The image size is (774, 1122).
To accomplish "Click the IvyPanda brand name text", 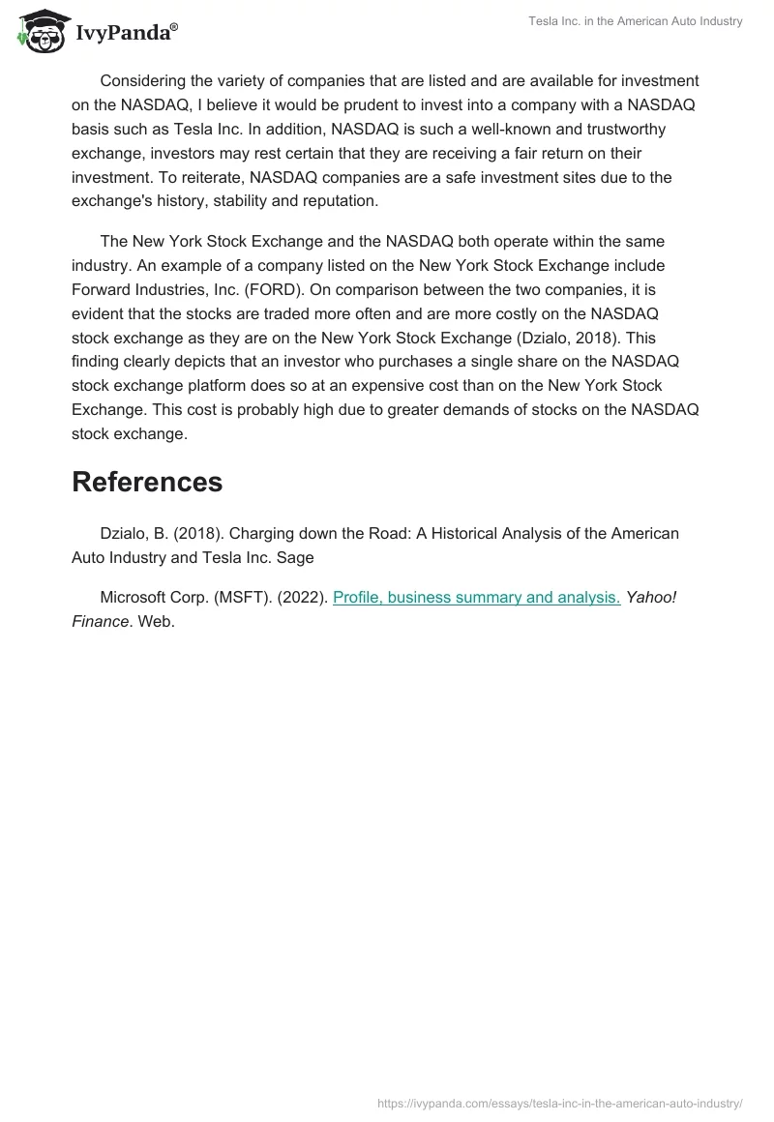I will [x=126, y=32].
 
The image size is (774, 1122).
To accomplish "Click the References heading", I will [x=147, y=482].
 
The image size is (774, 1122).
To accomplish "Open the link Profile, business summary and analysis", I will [x=476, y=597].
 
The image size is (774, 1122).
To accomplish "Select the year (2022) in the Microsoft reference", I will [x=301, y=597].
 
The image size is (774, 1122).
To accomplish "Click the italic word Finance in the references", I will [x=101, y=621].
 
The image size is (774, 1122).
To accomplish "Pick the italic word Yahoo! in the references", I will [x=650, y=597].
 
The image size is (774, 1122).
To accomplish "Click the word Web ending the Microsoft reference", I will [x=156, y=621].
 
